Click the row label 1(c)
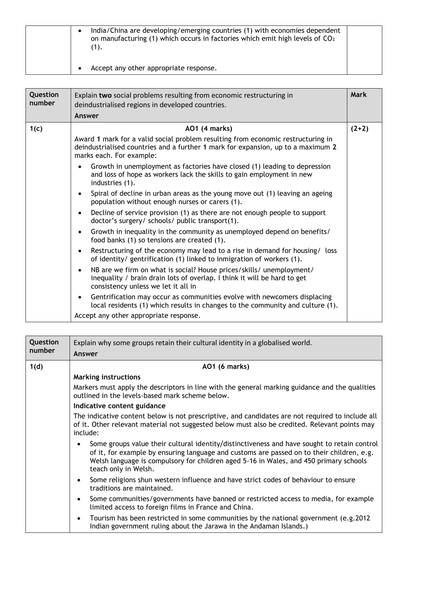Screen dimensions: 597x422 point(36,128)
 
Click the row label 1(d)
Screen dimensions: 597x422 point(36,367)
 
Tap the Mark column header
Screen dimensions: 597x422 point(359,95)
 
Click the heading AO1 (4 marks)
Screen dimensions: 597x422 point(208,128)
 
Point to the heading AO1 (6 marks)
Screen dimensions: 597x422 point(226,367)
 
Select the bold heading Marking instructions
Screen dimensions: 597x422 point(107,377)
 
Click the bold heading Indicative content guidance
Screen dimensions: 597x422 point(119,406)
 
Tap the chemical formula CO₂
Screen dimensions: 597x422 point(329,39)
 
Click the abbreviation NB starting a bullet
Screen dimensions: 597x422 point(95,270)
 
